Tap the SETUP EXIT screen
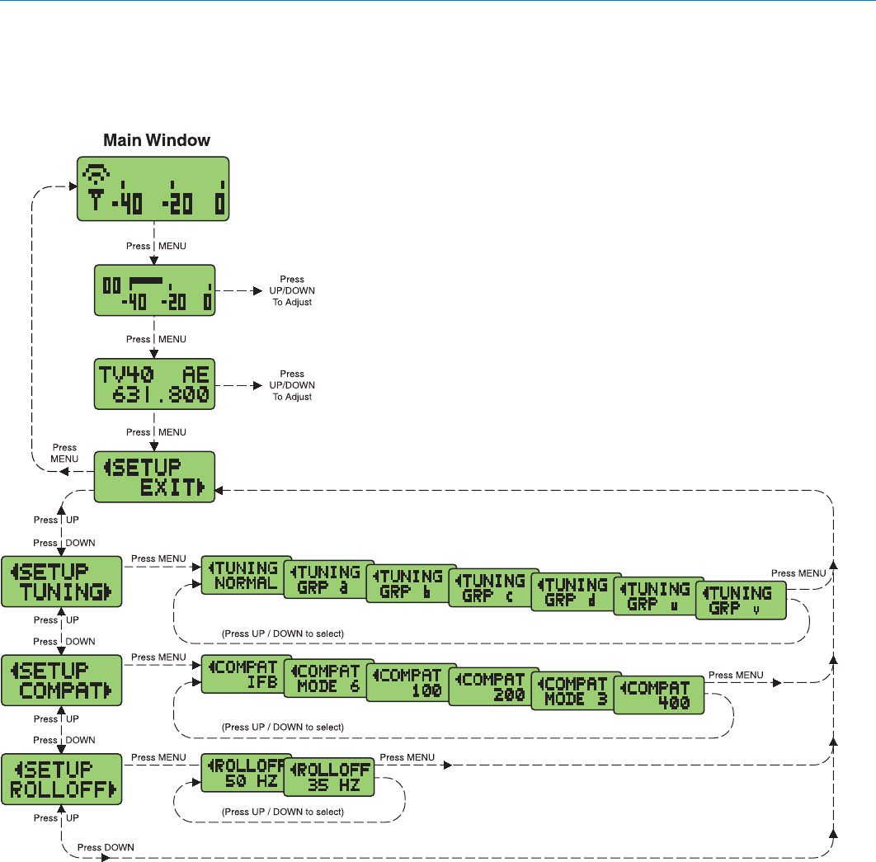tap(154, 477)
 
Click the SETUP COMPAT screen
tap(62, 681)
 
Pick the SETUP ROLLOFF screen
tap(62, 780)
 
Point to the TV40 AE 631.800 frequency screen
tap(154, 384)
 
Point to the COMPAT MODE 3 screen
tap(575, 690)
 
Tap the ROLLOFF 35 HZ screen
tap(328, 778)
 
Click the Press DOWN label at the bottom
tap(106, 847)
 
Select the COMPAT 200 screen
tap(492, 685)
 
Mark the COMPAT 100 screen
tap(410, 682)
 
